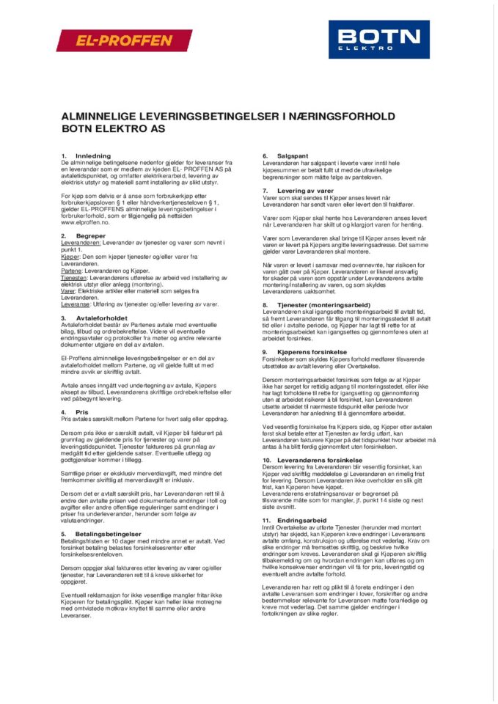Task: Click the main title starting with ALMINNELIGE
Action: point(228,116)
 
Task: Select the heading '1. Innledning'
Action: point(86,156)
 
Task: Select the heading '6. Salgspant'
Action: point(282,156)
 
